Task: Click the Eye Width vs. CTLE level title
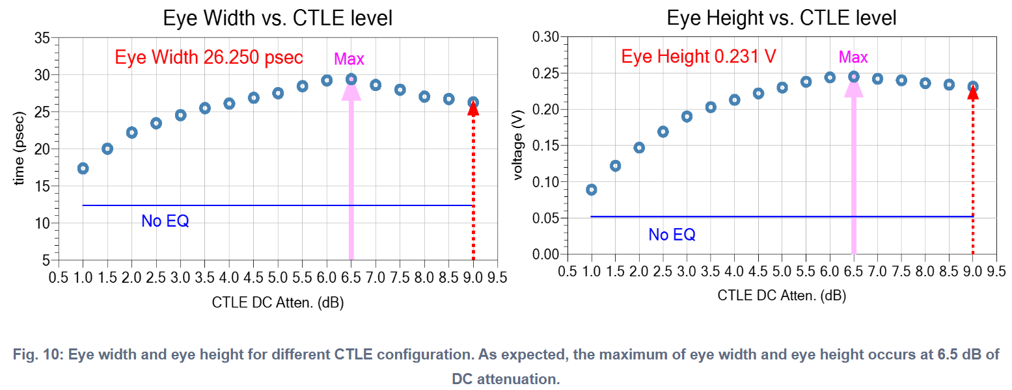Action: pos(277,18)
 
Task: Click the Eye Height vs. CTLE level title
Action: pos(781,18)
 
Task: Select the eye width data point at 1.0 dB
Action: pos(83,168)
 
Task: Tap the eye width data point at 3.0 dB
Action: pos(180,115)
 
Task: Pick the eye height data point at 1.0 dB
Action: pos(591,189)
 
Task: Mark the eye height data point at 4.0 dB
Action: pos(734,99)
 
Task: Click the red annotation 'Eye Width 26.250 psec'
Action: pos(209,57)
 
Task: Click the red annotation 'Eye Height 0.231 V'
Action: pos(698,56)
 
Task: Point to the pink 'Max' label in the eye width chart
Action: pos(349,59)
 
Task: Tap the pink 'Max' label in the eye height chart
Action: pos(853,57)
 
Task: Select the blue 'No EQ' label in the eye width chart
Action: pos(165,221)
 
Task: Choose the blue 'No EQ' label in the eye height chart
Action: pos(672,235)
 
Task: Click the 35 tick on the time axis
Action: pos(42,38)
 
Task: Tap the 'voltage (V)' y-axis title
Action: pos(518,147)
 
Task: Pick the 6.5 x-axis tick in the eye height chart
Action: pos(853,270)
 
